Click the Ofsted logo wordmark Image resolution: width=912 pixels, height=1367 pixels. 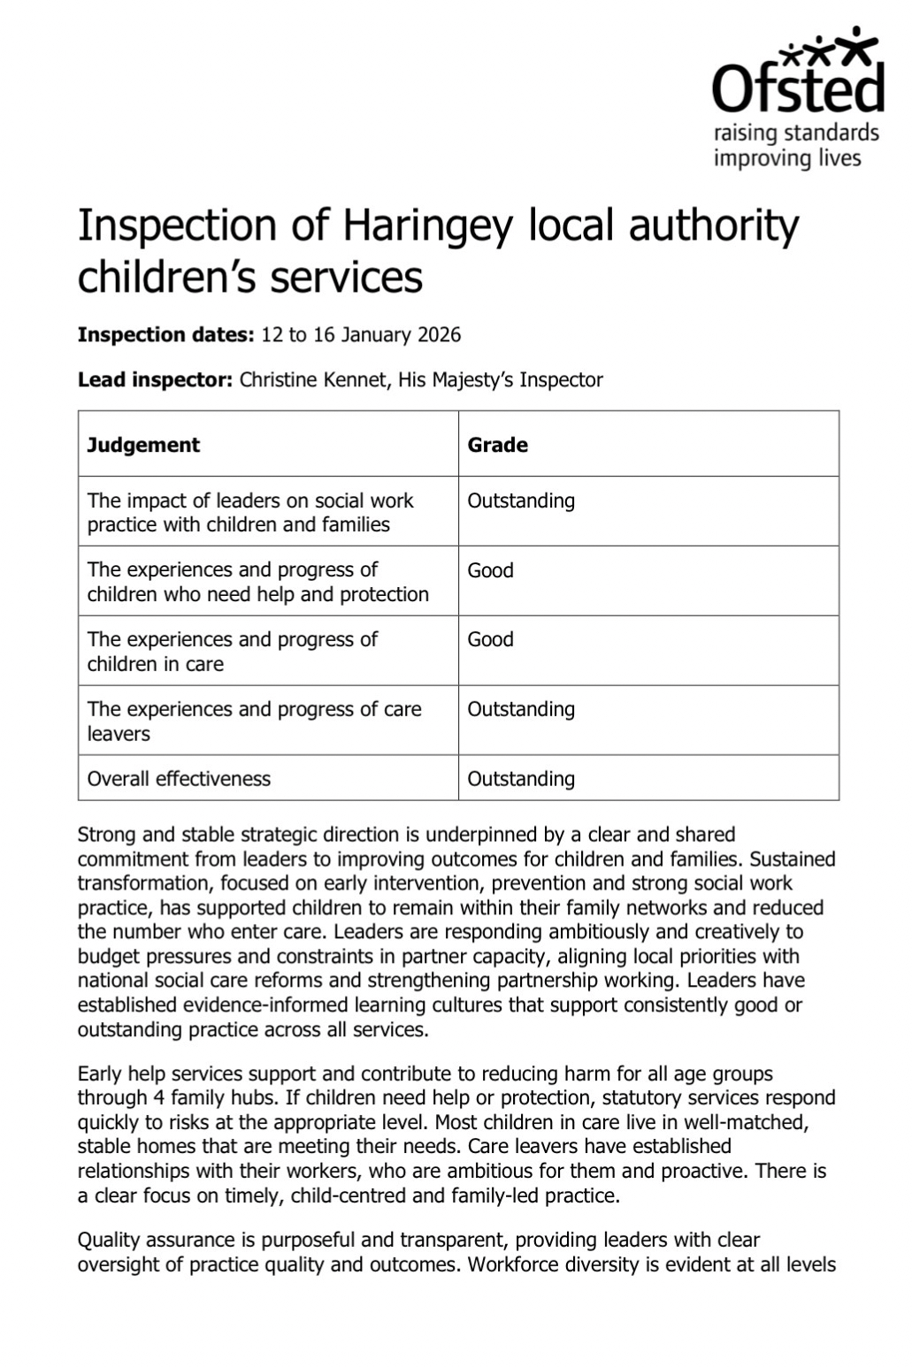798,87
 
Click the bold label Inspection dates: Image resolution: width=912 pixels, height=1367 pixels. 166,335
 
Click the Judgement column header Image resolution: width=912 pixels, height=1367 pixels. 143,445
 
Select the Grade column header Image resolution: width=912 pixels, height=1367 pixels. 497,445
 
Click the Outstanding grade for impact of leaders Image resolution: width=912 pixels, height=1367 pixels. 521,500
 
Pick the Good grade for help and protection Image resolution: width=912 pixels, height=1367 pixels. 490,570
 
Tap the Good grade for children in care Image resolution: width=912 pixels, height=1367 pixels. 490,639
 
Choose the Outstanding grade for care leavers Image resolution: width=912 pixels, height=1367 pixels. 521,709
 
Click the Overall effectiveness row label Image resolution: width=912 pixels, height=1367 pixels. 179,779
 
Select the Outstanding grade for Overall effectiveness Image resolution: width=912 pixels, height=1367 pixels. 521,779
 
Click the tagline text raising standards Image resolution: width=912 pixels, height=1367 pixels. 796,134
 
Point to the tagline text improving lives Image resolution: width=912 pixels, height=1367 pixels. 787,158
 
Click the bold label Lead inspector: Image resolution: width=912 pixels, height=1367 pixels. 156,380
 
